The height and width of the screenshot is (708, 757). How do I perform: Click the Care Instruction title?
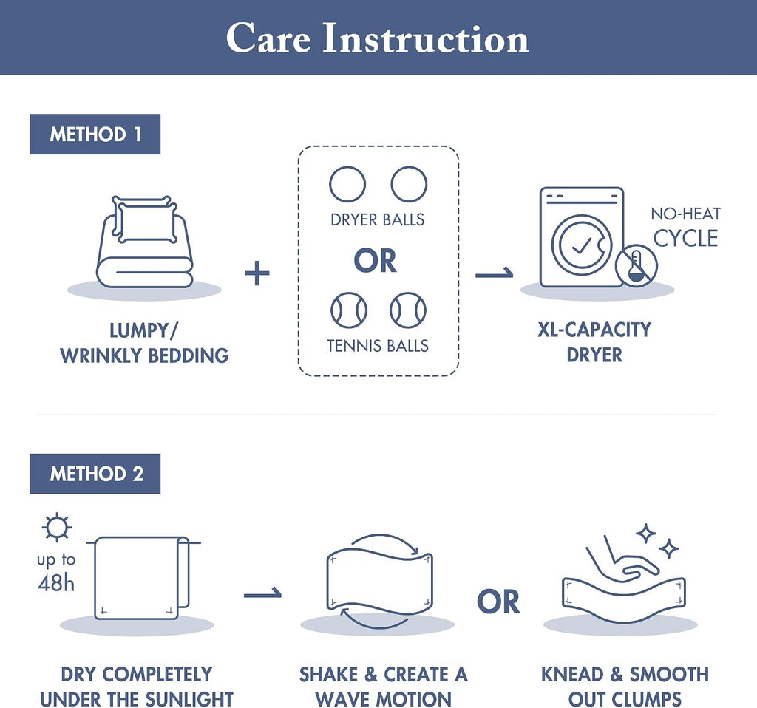coord(378,38)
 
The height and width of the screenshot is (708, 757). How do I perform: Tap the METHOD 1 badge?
coord(95,135)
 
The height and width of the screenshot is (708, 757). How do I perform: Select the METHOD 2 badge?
coord(95,474)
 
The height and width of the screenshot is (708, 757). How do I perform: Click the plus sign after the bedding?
coord(257,273)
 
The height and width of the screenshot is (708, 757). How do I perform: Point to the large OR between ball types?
coord(375,261)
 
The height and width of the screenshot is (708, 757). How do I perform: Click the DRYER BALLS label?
coord(378,220)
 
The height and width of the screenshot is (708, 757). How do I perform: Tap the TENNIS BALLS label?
coord(378,346)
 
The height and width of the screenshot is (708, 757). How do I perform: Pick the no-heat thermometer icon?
coord(637,266)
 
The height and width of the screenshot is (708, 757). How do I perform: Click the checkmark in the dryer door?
coord(581,246)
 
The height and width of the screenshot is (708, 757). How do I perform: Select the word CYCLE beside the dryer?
coord(685,239)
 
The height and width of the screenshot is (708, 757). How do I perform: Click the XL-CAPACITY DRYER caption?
coord(594,342)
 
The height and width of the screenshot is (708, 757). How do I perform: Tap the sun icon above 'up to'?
coord(57,526)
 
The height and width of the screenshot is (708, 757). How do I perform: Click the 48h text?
coord(56,584)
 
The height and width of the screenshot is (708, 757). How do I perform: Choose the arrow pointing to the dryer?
coord(494,273)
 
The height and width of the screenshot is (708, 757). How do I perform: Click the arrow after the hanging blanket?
coord(262,593)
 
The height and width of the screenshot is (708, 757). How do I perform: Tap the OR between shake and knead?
coord(498,602)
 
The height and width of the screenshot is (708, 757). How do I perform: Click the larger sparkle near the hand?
coord(645,534)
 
